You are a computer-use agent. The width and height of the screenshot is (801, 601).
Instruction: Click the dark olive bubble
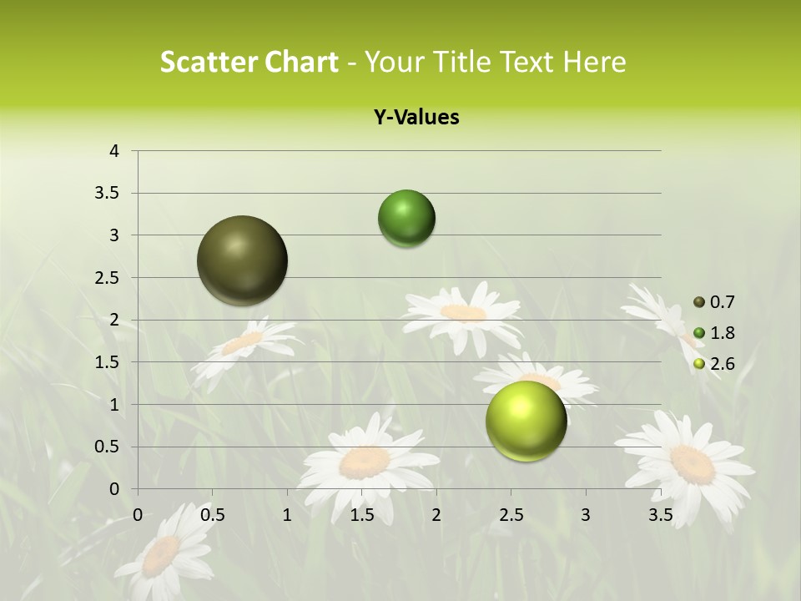click(x=243, y=260)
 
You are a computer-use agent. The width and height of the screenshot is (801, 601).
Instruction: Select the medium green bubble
click(x=407, y=219)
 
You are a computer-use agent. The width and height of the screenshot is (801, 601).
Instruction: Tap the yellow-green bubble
click(x=526, y=421)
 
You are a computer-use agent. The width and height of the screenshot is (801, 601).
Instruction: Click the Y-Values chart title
click(x=416, y=118)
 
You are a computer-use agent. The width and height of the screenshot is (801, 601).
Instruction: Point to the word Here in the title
click(x=594, y=62)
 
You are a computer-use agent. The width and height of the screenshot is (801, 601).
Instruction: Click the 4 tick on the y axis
click(x=114, y=151)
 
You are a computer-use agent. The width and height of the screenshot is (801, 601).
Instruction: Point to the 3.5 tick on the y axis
click(x=108, y=194)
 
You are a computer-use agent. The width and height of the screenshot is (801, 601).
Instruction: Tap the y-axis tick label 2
click(x=114, y=320)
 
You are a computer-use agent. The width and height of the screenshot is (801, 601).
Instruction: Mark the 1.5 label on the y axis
click(x=108, y=362)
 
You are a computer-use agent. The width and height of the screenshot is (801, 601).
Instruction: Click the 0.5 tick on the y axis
click(x=108, y=447)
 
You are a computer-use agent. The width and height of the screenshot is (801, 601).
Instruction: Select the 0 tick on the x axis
click(x=138, y=515)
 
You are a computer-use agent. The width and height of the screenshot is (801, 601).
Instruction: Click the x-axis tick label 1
click(x=287, y=515)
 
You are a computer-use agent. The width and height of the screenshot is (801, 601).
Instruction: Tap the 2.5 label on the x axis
click(x=511, y=515)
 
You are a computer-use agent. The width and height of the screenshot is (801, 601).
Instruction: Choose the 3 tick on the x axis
click(x=586, y=515)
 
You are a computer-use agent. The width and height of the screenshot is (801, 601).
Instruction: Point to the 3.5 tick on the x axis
click(x=660, y=515)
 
